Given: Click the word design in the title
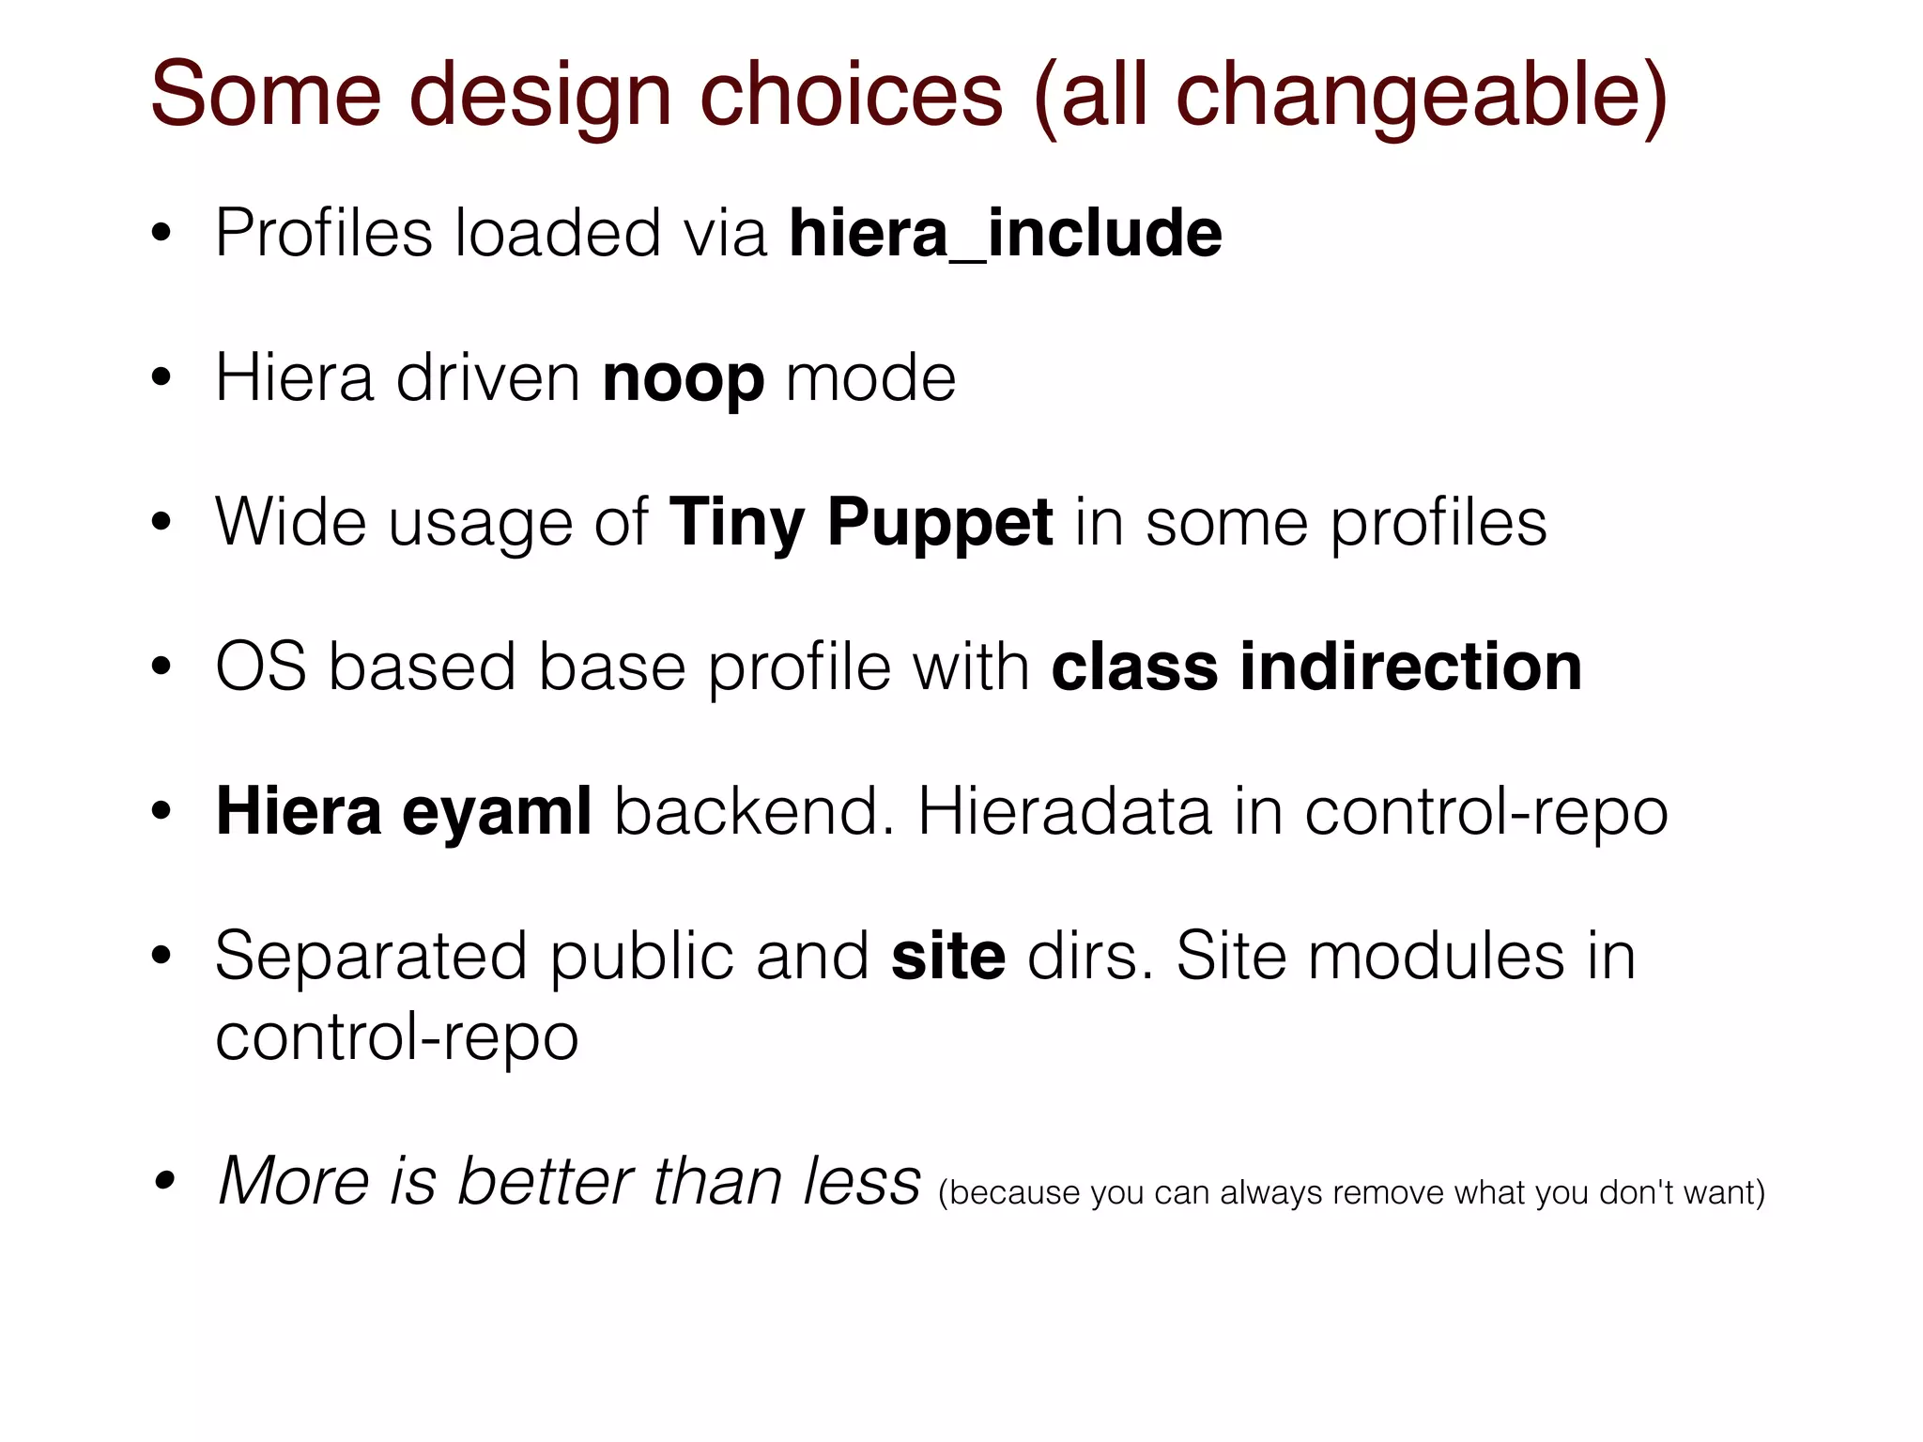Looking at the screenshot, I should [539, 96].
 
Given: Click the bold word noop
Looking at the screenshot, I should [683, 378].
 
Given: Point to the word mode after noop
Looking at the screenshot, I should [870, 378].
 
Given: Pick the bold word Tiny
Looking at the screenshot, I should [736, 523].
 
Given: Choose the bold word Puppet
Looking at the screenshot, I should [939, 523].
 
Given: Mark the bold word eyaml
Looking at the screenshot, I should [497, 811].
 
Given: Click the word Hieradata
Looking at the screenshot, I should [1064, 811].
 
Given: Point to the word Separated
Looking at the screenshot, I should [371, 957].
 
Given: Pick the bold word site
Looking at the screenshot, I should [948, 957].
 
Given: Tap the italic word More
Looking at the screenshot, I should [293, 1180].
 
